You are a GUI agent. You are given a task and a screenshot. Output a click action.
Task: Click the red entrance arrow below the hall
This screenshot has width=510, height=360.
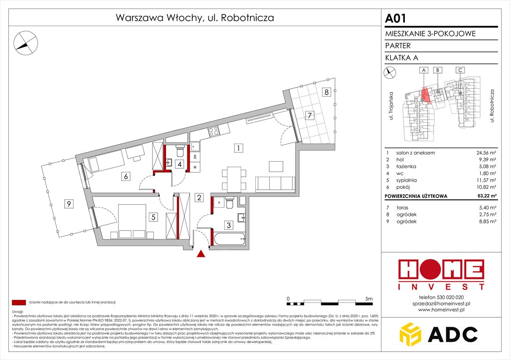201,254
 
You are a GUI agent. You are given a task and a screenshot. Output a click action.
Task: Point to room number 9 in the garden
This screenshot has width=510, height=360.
69,203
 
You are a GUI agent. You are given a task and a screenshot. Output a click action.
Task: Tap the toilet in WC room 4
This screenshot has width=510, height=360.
179,151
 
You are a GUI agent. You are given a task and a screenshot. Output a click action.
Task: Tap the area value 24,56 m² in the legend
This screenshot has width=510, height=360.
485,153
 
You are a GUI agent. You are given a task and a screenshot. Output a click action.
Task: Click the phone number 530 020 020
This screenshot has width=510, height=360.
450,297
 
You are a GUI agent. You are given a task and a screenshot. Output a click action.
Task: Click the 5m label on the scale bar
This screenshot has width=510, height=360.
368,299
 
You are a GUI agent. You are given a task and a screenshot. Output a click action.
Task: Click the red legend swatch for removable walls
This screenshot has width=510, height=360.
19,302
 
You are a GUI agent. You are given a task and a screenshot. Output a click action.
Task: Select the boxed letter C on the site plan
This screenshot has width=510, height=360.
460,70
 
